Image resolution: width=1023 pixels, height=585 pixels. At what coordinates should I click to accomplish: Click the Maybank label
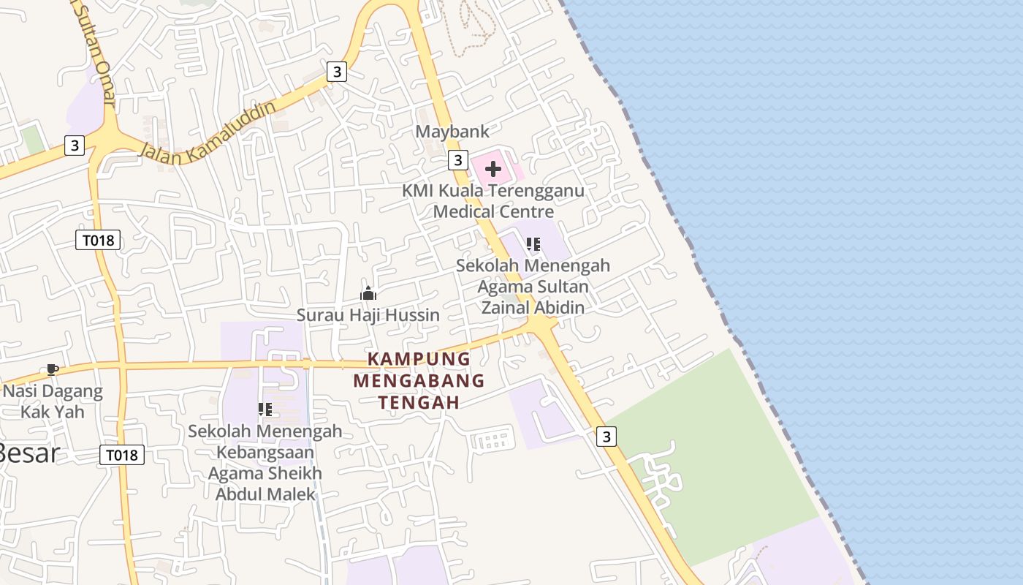click(452, 132)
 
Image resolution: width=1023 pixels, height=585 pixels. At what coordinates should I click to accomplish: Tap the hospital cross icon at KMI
click(493, 170)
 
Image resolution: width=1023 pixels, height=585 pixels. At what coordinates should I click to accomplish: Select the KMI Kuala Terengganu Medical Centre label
click(493, 201)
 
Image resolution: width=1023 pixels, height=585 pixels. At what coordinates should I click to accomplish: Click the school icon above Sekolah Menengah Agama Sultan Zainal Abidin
click(533, 244)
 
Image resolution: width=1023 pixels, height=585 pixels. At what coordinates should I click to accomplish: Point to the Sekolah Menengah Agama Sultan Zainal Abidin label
click(533, 286)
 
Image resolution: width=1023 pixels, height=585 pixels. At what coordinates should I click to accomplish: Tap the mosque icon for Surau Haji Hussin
click(368, 294)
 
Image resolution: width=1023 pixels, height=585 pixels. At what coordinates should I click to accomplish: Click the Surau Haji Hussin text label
click(368, 315)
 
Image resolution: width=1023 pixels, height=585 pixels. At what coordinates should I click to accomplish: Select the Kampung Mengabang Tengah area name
click(419, 380)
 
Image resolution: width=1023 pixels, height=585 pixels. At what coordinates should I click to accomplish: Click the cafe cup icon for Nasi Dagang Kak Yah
click(52, 369)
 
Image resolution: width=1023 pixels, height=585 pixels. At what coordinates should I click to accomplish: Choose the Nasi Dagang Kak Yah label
click(53, 401)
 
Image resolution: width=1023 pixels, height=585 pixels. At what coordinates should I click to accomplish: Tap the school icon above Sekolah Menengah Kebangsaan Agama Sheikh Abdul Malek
click(265, 409)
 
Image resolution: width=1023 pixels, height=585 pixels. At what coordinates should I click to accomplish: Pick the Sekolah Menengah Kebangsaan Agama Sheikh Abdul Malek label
click(265, 462)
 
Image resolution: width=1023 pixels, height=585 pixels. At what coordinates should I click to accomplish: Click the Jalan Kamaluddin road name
click(208, 132)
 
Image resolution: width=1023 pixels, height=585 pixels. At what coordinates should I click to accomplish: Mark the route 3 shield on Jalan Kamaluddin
click(336, 72)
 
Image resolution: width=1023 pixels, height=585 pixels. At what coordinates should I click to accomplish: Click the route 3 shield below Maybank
click(458, 159)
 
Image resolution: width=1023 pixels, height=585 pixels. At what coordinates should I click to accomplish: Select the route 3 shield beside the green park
click(606, 437)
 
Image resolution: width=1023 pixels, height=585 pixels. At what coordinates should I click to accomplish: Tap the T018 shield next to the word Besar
click(122, 455)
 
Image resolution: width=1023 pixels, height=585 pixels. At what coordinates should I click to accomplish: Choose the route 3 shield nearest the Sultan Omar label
click(75, 146)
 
